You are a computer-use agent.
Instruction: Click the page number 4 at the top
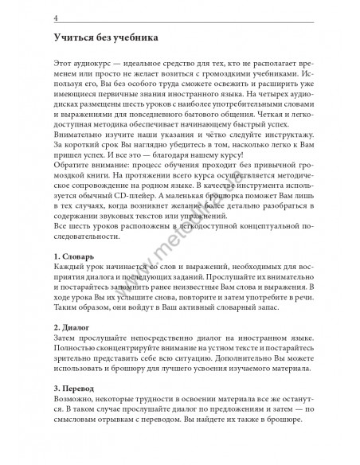55,18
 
